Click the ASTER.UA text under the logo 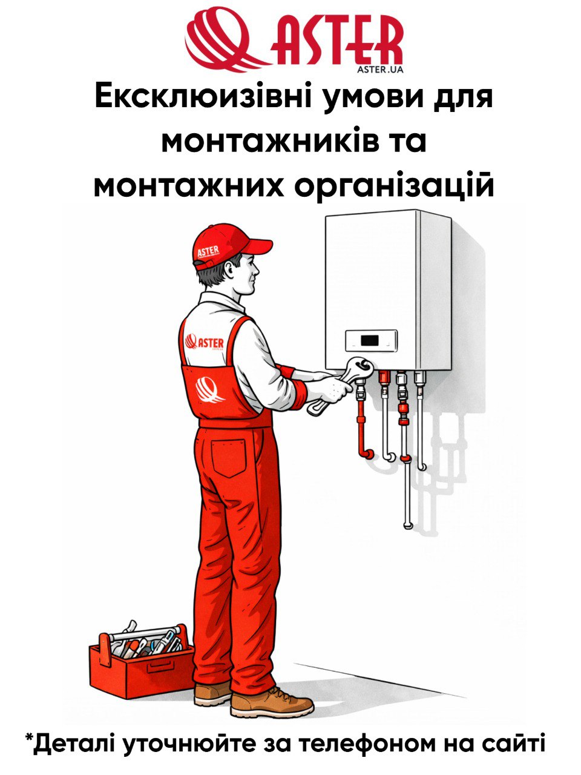point(379,70)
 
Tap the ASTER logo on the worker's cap point(208,252)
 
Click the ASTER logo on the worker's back point(204,343)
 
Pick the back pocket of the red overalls point(228,458)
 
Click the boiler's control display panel point(371,340)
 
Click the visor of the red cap point(256,245)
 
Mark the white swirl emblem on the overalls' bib point(209,391)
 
